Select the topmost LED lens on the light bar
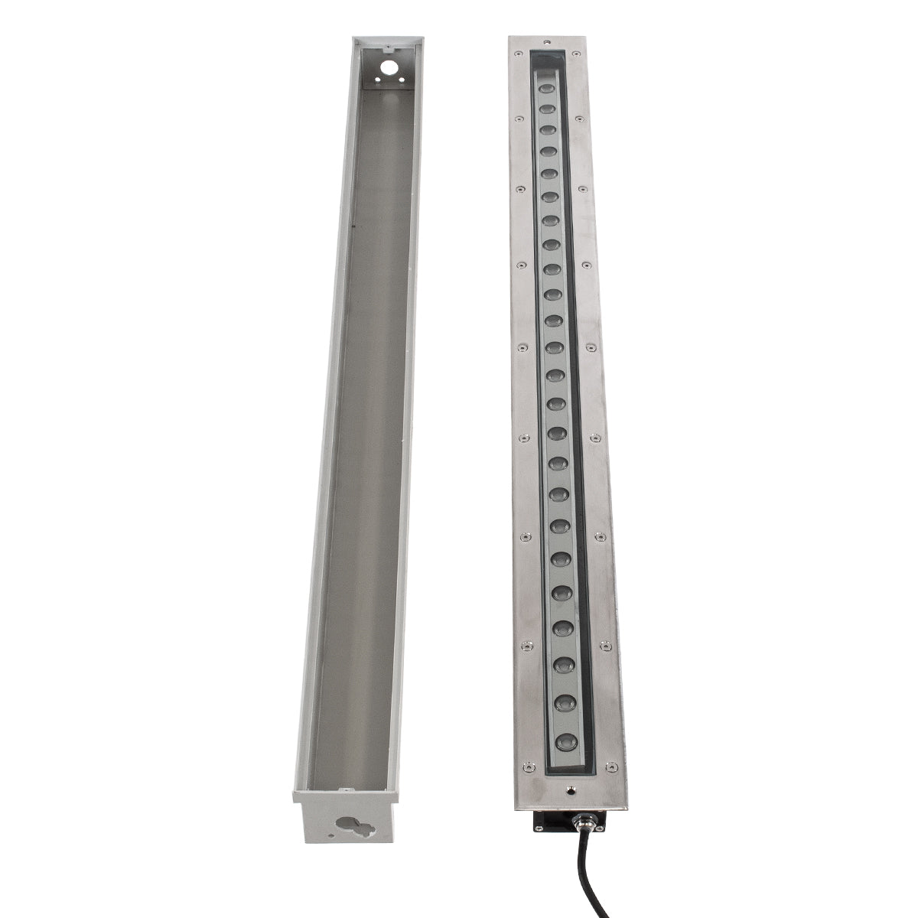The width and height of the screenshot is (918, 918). [x=547, y=90]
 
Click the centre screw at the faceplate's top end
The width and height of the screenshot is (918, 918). [x=546, y=41]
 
